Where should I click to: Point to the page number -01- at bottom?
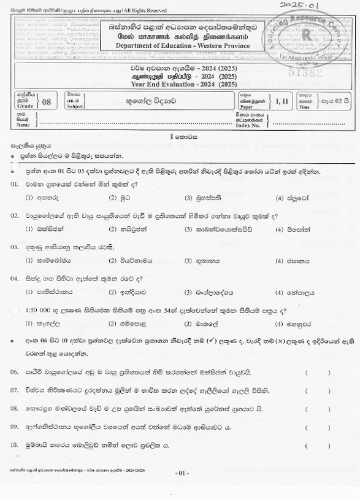[180, 473]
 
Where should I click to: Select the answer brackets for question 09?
[316, 426]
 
